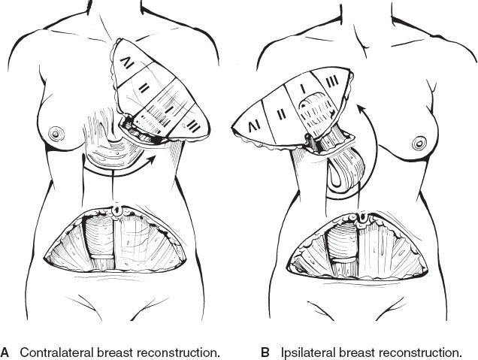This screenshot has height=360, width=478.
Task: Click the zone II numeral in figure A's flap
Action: pos(144,89)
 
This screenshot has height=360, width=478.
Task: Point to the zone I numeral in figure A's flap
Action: pos(168,109)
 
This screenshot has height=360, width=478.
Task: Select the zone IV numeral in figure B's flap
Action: pos(254,126)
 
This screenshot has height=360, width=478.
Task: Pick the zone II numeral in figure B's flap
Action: pos(281,114)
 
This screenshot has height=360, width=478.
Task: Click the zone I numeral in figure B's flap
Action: pos(303,89)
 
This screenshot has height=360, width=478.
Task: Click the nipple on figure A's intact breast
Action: pos(56,134)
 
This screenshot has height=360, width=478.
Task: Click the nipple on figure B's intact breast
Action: pos(419,143)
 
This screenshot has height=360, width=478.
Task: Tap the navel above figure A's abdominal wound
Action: pos(116,210)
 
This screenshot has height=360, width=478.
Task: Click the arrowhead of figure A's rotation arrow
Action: pos(152,160)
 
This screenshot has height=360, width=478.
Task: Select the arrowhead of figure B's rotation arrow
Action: pos(361,109)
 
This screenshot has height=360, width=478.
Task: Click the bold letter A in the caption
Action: pos(5,352)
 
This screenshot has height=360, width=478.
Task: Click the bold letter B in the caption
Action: pos(265,352)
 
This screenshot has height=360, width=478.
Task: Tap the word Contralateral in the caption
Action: pos(56,352)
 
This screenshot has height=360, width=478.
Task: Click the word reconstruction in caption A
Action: pos(178,352)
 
